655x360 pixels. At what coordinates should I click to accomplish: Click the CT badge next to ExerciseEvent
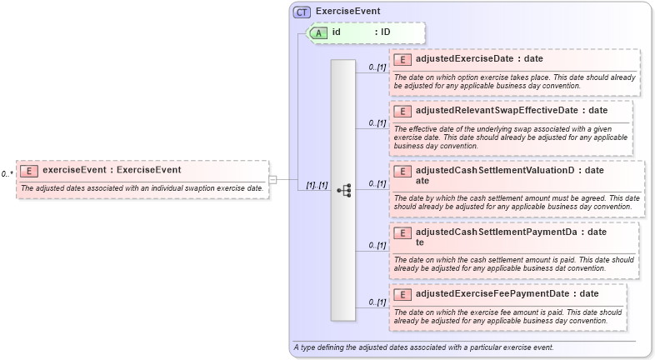pos(302,12)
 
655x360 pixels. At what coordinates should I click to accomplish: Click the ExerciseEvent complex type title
pos(347,12)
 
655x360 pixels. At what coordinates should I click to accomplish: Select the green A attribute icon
pos(318,32)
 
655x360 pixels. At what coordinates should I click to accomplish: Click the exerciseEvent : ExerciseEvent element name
pos(112,170)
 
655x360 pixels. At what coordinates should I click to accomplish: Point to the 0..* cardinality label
pos(7,174)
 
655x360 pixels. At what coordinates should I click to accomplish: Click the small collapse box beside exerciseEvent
pos(272,178)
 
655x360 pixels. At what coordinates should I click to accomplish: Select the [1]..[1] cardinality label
pos(317,185)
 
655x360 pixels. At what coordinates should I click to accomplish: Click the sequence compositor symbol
pos(343,190)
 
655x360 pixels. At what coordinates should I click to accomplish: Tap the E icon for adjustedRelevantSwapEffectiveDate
pos(403,111)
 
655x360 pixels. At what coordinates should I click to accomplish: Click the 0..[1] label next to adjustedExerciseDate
pos(377,67)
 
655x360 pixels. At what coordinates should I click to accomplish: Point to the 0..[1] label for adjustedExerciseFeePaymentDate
pos(377,302)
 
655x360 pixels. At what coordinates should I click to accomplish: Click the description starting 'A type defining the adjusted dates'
pos(423,347)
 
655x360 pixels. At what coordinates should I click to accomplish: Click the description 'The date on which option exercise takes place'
pos(514,81)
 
